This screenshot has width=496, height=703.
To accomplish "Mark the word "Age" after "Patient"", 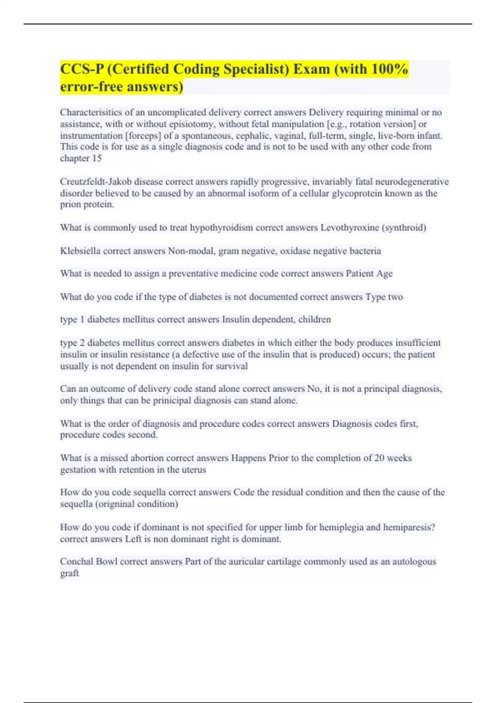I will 384,273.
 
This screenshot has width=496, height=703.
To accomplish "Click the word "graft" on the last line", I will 69,573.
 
